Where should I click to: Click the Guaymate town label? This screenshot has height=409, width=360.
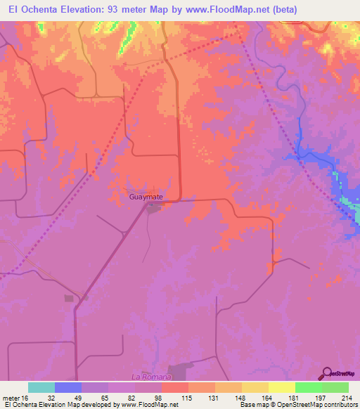[x=146, y=197]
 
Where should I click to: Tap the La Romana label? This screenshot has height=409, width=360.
[x=147, y=377]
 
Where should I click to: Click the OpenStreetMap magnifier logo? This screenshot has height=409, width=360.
[x=327, y=373]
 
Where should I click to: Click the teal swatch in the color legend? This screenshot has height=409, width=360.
[x=41, y=387]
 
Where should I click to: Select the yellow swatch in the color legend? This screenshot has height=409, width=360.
[x=281, y=387]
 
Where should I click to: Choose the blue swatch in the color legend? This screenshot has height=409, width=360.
[x=68, y=387]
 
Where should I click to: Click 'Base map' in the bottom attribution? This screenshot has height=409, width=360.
[x=250, y=405]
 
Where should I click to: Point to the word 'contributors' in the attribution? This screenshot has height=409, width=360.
[x=340, y=405]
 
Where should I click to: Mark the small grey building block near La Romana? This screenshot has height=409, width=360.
[x=69, y=298]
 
